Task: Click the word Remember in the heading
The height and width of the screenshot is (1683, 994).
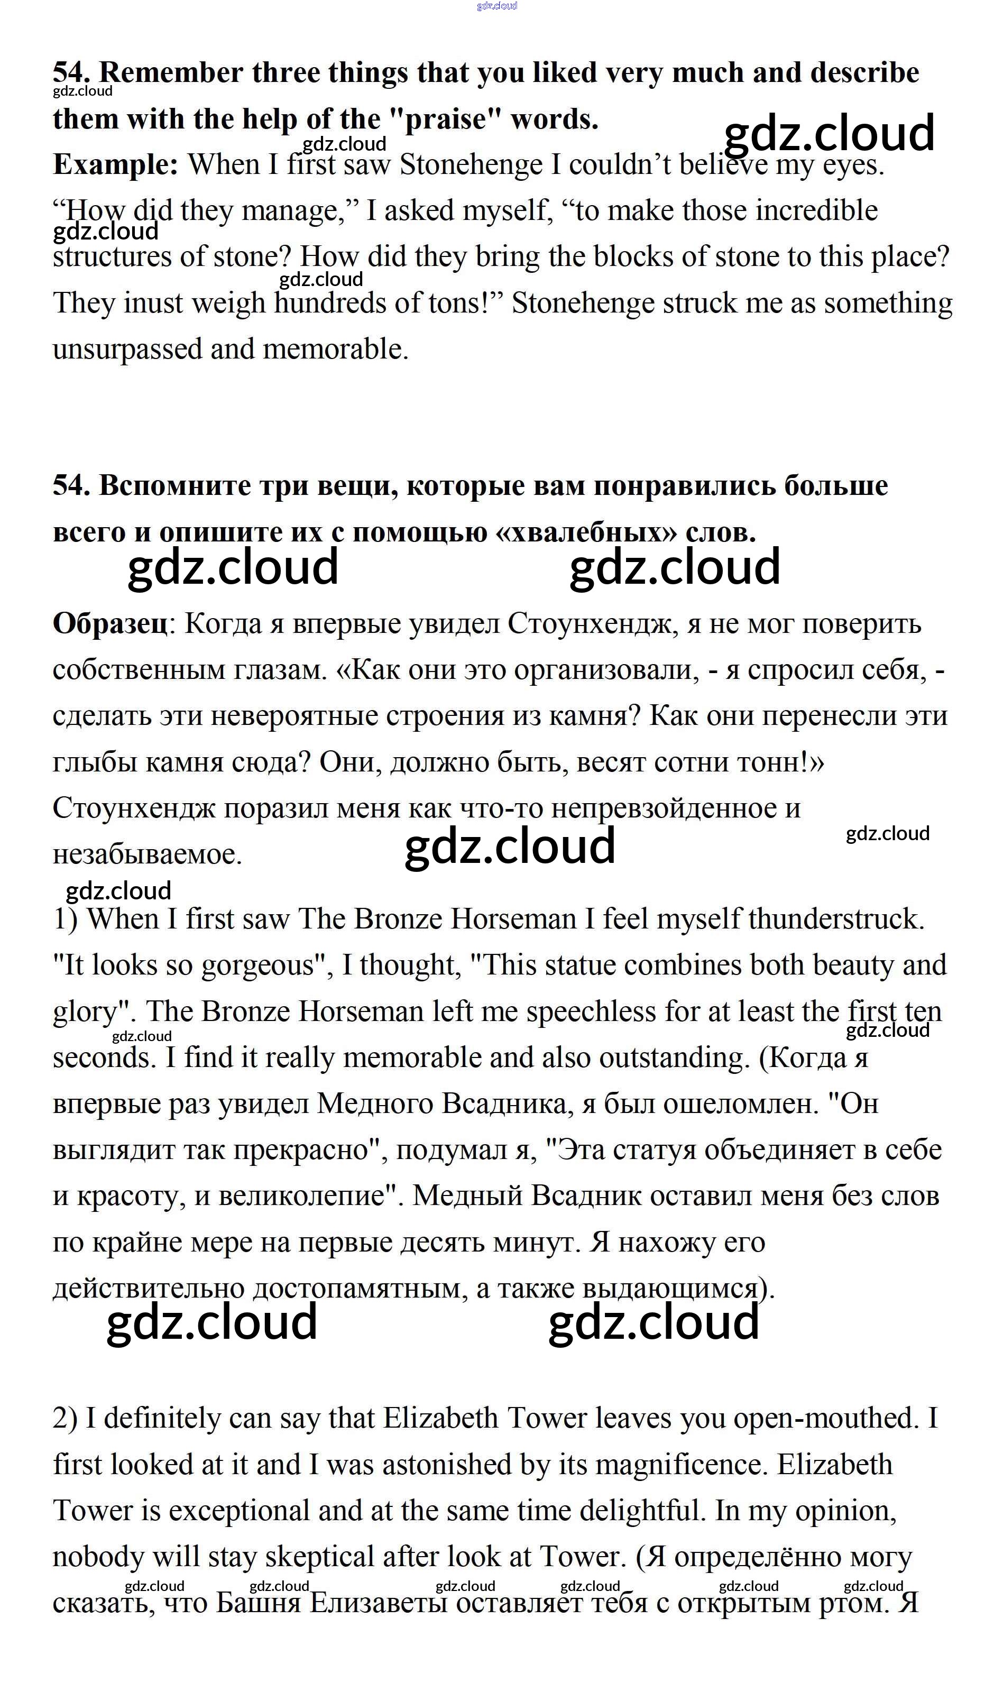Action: click(x=171, y=72)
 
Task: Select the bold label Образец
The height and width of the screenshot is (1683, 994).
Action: click(x=110, y=623)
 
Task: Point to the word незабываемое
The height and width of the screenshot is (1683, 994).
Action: click(x=146, y=854)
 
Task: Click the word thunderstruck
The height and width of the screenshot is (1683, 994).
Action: click(x=836, y=919)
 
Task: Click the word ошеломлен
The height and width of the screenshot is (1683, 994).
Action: click(x=741, y=1103)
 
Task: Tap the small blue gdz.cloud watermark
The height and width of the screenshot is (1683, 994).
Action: click(x=496, y=6)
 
